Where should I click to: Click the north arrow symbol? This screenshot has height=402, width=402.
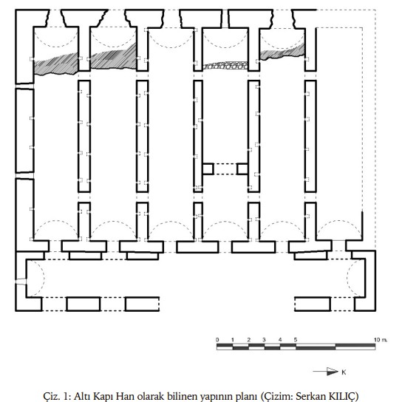click(326, 371)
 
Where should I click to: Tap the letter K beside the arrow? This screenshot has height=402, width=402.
click(344, 372)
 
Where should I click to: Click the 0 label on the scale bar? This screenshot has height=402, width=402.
click(217, 340)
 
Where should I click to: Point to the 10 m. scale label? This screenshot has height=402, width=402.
click(381, 340)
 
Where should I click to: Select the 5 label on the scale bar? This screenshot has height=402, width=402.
click(296, 340)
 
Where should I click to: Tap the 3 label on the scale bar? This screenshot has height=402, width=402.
click(264, 340)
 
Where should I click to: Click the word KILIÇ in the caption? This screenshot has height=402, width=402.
click(344, 396)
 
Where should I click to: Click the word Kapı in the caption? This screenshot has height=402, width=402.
click(102, 397)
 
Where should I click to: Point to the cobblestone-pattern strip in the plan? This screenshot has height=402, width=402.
click(225, 66)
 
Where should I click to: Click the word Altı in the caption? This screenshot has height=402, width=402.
click(81, 396)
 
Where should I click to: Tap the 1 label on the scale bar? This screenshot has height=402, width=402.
click(233, 340)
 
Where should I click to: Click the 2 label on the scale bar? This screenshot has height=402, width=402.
click(249, 340)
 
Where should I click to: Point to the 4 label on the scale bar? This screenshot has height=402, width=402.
click(280, 340)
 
